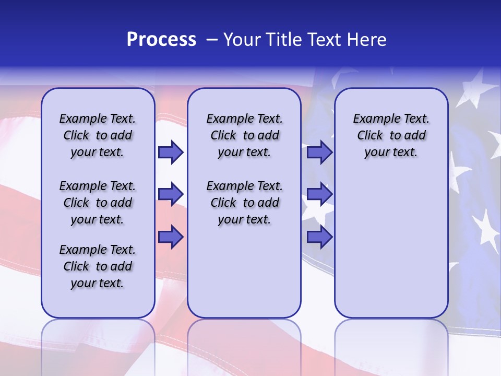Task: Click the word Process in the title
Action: [161, 40]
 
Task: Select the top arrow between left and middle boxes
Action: [171, 152]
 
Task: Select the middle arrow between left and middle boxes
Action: [171, 195]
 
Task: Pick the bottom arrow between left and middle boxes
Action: [171, 237]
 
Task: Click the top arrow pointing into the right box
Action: [319, 152]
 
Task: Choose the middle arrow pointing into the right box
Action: [319, 195]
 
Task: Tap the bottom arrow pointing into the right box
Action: [319, 237]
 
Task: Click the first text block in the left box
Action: [98, 135]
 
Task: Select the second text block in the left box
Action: [98, 203]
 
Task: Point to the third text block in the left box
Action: [98, 266]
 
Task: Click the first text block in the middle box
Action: [244, 135]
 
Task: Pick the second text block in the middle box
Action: [244, 203]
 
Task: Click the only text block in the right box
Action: [391, 135]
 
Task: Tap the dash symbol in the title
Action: [212, 40]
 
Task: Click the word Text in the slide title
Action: [323, 40]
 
